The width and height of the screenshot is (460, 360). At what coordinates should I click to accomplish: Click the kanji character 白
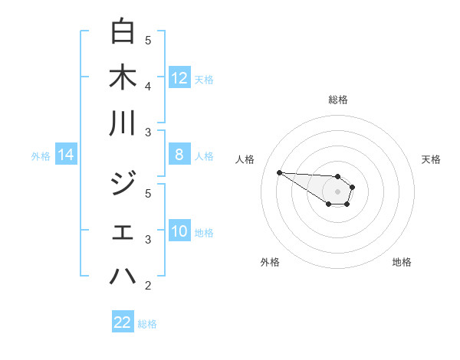(x=123, y=31)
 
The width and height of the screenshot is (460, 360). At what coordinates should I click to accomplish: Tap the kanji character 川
(x=123, y=123)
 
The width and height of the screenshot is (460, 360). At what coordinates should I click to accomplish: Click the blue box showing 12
(x=179, y=78)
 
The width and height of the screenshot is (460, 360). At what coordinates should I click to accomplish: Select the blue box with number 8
(x=179, y=155)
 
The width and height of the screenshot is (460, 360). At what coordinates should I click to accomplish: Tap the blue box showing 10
(x=179, y=231)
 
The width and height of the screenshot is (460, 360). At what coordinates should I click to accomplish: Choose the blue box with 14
(x=66, y=155)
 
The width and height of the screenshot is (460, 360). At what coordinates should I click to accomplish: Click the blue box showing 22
(x=123, y=322)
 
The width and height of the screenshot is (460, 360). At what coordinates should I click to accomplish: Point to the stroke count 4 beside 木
(x=148, y=87)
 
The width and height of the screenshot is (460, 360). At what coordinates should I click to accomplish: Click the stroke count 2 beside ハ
(x=148, y=286)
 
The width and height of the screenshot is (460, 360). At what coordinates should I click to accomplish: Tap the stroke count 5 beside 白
(x=148, y=41)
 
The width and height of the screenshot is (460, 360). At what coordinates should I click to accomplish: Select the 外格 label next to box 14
(x=41, y=156)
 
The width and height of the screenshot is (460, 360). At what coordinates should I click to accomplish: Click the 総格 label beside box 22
(x=147, y=324)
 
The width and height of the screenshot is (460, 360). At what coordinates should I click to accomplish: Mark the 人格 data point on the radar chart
(x=279, y=172)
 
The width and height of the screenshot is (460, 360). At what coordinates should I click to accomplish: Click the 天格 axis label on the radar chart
(x=431, y=159)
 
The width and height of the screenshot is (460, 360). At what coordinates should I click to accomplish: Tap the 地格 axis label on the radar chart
(x=402, y=262)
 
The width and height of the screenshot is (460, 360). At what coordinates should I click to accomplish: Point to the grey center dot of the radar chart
(x=337, y=191)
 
